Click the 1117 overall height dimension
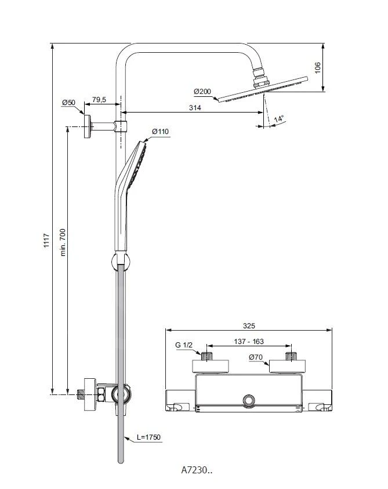(46, 241)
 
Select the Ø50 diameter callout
(69, 103)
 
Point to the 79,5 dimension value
(99, 100)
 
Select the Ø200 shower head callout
(202, 92)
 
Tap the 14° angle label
(280, 119)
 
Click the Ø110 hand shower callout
(160, 132)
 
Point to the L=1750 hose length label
(149, 437)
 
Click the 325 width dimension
(249, 326)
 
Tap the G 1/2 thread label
(183, 346)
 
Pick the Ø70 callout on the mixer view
(257, 357)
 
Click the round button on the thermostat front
(249, 401)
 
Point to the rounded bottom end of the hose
(121, 460)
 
